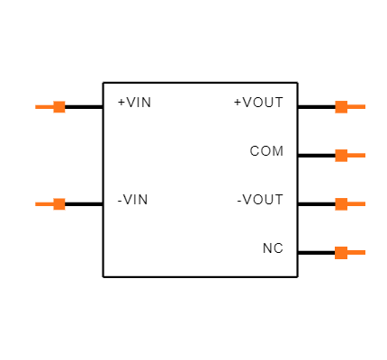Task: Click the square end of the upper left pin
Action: pyautogui.click(x=59, y=107)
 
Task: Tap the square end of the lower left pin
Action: pyautogui.click(x=59, y=204)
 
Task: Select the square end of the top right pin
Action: pyautogui.click(x=341, y=107)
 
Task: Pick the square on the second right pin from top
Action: pyautogui.click(x=341, y=156)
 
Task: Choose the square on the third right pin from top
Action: pyautogui.click(x=341, y=204)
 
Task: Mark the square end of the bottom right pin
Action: pyautogui.click(x=341, y=253)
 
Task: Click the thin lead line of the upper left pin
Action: pyautogui.click(x=44, y=107)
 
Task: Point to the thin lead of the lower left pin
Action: pyautogui.click(x=44, y=204)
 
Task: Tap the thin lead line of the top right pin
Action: pyautogui.click(x=356, y=107)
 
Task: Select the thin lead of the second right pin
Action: pyautogui.click(x=356, y=156)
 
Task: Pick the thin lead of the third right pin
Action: pyautogui.click(x=356, y=204)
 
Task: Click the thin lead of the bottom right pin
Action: pyautogui.click(x=356, y=253)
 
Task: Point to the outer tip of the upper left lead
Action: pyautogui.click(x=36, y=107)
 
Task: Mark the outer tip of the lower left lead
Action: pyautogui.click(x=36, y=204)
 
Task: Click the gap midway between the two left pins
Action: pyautogui.click(x=59, y=156)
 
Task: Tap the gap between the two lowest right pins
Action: pyautogui.click(x=341, y=229)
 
